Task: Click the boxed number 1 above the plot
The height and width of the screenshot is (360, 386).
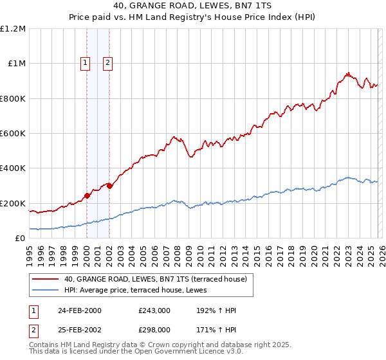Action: (x=86, y=62)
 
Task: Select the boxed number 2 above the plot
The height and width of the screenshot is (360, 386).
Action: (x=107, y=62)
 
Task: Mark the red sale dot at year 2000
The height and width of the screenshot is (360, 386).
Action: (x=87, y=196)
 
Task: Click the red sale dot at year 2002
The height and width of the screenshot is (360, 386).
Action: (x=110, y=186)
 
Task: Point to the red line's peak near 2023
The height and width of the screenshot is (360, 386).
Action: (x=348, y=73)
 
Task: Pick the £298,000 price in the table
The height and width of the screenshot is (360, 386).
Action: (x=154, y=329)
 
